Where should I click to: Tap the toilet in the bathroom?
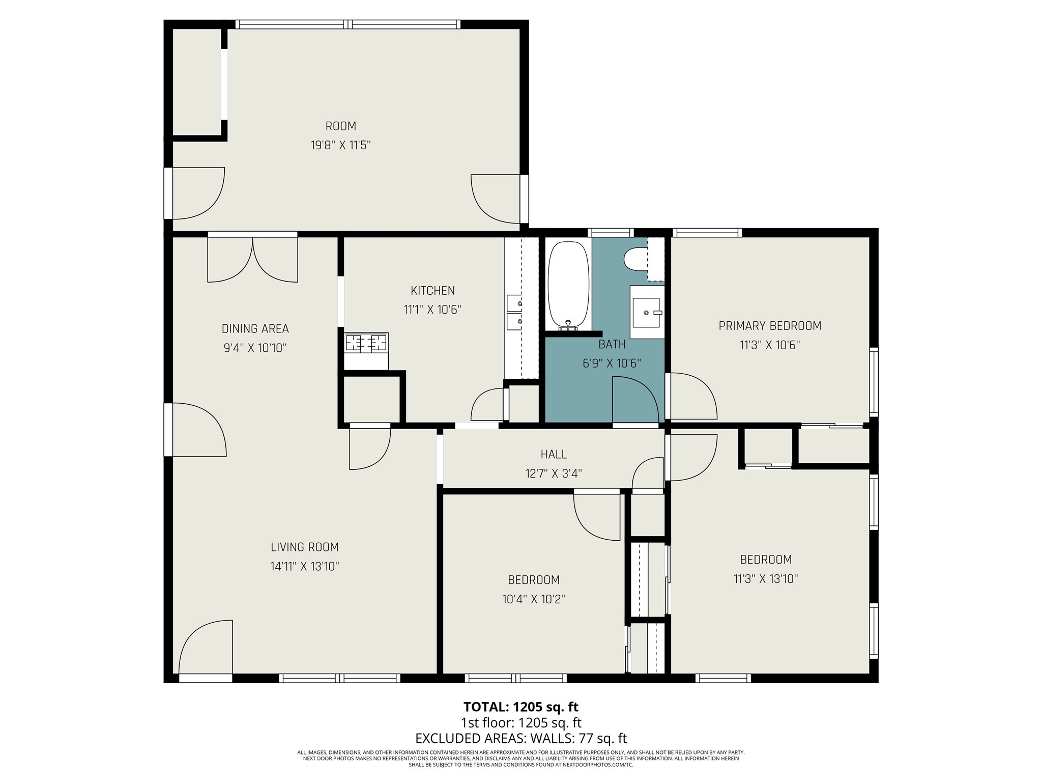635,259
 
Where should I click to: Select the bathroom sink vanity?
647,312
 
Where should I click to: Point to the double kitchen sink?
514,312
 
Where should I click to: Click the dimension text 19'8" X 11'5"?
340,146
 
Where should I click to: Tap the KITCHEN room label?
432,291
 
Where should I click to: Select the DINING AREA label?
255,329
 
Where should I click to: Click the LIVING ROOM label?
304,547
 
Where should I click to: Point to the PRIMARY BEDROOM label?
769,326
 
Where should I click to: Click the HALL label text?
553,454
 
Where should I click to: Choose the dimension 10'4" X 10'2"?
533,599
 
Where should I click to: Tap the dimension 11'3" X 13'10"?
765,579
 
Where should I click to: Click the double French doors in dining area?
252,260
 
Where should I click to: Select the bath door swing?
633,400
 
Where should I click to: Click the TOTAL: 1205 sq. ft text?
520,707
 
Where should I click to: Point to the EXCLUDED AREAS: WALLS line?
520,738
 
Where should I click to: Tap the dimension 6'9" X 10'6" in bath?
611,364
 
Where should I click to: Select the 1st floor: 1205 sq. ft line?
520,722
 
